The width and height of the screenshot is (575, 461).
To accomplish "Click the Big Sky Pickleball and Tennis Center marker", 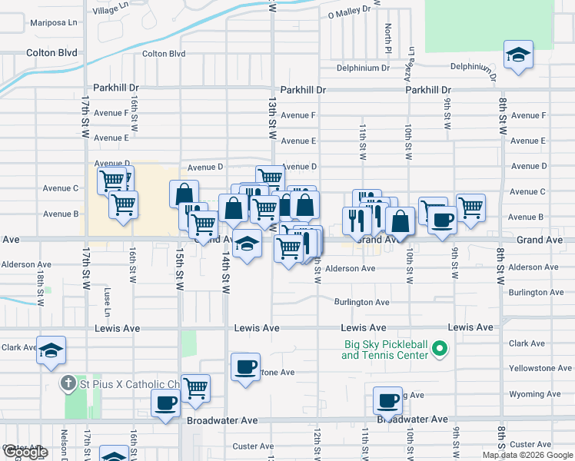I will click(x=440, y=350).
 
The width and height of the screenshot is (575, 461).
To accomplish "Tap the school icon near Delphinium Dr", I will click(x=519, y=56).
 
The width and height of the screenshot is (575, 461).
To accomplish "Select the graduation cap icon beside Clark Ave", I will click(x=51, y=350).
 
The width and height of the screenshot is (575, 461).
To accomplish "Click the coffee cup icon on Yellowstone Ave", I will click(x=245, y=367).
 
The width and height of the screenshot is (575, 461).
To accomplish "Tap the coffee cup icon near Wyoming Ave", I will click(x=388, y=400).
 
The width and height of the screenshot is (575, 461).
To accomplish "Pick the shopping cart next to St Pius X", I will click(x=196, y=386).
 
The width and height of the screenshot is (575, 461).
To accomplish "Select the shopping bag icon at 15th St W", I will click(x=184, y=194).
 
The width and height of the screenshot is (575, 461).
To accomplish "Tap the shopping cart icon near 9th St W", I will click(x=470, y=206).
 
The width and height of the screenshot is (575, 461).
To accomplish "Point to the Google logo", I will click(x=25, y=452).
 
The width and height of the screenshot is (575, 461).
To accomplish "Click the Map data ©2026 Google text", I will click(x=527, y=455).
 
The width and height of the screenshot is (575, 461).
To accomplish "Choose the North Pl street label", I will click(x=389, y=34).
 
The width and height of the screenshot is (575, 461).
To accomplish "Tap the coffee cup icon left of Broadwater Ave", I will click(x=166, y=403).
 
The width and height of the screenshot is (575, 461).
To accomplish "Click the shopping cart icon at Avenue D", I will click(x=270, y=178).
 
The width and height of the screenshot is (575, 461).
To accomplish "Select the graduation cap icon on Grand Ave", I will click(x=246, y=244).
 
